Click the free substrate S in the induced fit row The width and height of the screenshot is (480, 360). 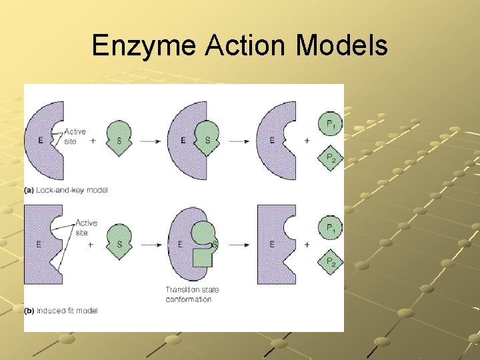[x=119, y=243]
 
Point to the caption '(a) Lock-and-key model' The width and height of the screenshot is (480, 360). [x=66, y=191]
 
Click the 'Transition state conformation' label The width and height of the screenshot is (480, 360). [x=192, y=294]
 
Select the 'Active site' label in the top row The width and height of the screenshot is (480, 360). [x=75, y=137]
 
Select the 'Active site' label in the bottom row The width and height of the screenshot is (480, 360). [x=86, y=227]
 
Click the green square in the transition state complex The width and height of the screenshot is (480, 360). [x=202, y=257]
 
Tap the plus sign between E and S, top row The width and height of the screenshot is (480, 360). [x=93, y=141]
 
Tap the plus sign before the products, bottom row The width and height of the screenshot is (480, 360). [x=307, y=245]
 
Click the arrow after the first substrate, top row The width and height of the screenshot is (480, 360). [x=149, y=141]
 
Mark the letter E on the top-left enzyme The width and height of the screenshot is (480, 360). [x=40, y=141]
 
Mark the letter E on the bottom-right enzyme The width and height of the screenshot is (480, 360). [x=272, y=245]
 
